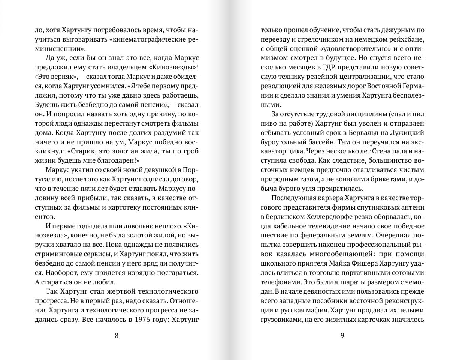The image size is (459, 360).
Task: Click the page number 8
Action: point(116,335)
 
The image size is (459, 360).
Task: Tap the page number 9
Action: point(342,335)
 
